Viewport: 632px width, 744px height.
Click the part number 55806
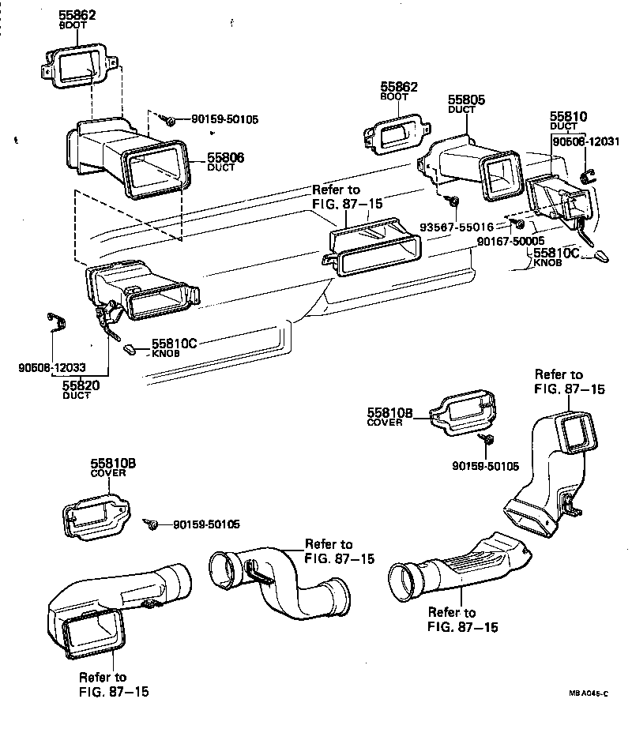coord(225,158)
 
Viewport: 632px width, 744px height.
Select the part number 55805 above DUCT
coord(467,100)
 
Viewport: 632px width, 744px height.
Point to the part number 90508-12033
coord(51,367)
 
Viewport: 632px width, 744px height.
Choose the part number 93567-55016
coord(456,227)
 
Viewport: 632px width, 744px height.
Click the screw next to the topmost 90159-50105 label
coord(169,119)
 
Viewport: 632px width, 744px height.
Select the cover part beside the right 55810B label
coord(464,412)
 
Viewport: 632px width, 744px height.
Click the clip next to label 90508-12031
coord(587,175)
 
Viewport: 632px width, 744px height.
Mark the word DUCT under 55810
coord(564,126)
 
